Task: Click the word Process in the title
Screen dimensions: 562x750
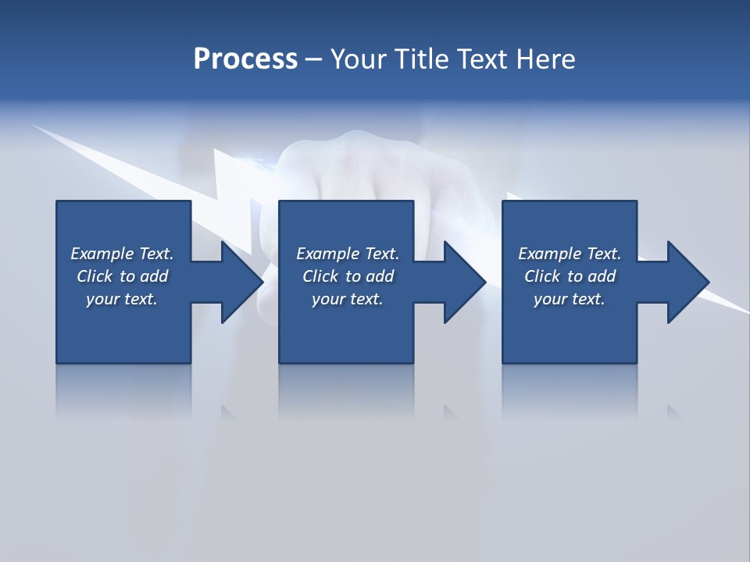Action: pos(245,59)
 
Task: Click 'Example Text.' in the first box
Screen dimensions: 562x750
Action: pos(122,254)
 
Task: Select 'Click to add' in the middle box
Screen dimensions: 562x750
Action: pos(348,276)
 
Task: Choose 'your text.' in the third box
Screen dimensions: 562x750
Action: pos(570,299)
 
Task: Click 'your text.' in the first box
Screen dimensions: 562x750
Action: pos(122,299)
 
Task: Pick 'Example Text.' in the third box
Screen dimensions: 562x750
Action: pos(570,254)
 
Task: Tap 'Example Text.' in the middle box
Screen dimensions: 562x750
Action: pos(348,254)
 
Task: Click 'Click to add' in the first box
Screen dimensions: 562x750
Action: pos(122,276)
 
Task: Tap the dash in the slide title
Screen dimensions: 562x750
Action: pos(314,59)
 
